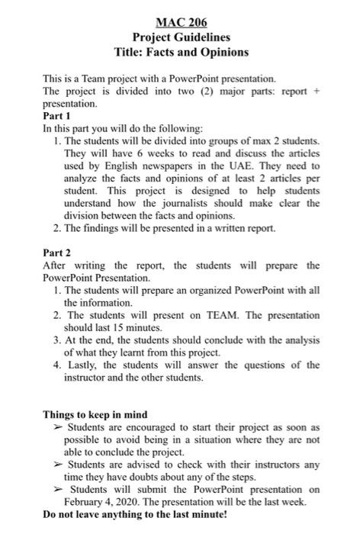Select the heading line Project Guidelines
click(x=181, y=37)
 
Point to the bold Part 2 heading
click(x=59, y=253)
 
